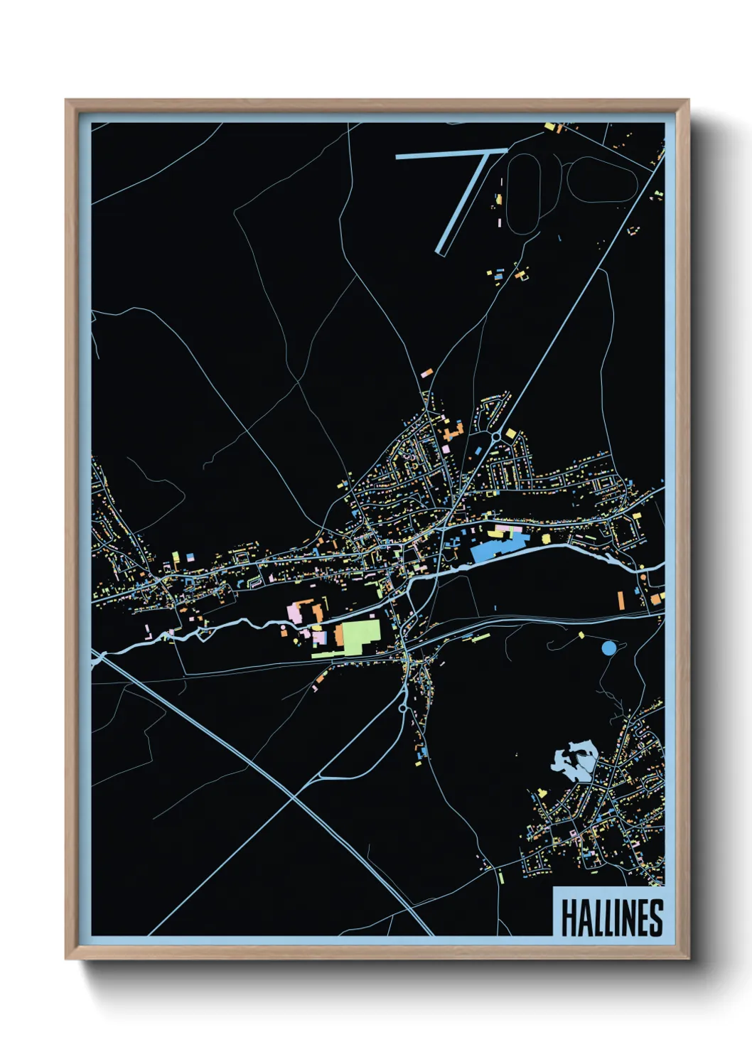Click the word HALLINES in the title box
point(611,918)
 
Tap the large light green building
point(361,635)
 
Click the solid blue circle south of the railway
point(608,648)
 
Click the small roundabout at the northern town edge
point(495,435)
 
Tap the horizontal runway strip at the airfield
point(451,154)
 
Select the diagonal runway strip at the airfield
point(462,203)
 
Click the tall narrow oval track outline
point(525,193)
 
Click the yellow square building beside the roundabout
point(510,434)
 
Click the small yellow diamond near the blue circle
point(581,635)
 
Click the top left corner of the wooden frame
point(67,101)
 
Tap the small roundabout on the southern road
point(402,709)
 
